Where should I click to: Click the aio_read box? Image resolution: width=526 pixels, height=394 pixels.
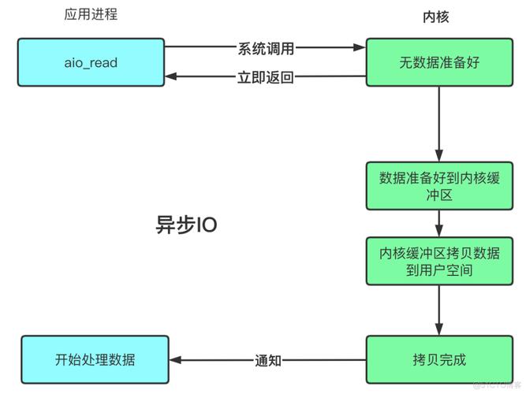[x=93, y=61]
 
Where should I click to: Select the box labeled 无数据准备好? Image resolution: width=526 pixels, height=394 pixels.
[x=439, y=61]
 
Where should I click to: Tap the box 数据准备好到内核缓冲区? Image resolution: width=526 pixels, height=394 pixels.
[x=439, y=186]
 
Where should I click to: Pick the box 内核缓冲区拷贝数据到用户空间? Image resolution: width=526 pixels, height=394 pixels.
[x=439, y=261]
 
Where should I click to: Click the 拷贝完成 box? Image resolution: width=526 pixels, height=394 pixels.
[x=439, y=360]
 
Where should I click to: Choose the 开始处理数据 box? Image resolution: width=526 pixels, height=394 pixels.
[x=95, y=360]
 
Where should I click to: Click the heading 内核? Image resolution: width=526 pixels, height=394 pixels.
[x=436, y=17]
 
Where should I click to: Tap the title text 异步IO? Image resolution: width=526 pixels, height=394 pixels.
[x=186, y=225]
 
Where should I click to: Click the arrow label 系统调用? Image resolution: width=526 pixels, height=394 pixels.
[x=266, y=48]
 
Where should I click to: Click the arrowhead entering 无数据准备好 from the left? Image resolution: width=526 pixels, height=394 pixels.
[x=360, y=47]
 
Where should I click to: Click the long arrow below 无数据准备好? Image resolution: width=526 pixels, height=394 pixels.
[x=439, y=122]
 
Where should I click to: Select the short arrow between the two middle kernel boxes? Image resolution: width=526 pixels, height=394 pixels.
[x=439, y=224]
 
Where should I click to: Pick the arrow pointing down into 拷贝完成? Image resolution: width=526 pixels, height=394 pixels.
[x=439, y=310]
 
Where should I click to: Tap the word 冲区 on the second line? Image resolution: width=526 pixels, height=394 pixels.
[x=439, y=195]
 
